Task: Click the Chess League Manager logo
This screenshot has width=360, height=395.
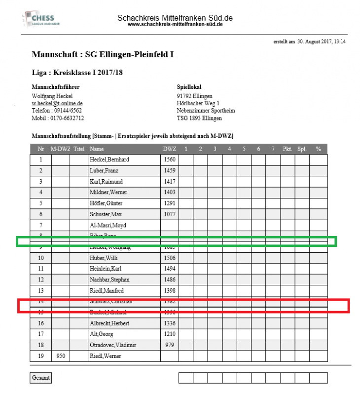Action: coord(39,20)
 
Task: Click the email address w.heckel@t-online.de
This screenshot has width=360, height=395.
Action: coord(57,104)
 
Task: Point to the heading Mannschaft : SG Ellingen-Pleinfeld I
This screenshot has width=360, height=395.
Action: coord(103,54)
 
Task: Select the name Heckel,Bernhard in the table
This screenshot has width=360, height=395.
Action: coord(109,160)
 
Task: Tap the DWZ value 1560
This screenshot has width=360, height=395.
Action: coord(169,160)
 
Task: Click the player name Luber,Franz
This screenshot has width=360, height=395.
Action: coord(104,171)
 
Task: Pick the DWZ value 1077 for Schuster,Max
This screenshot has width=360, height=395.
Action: coord(169,214)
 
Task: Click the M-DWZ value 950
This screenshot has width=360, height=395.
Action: coord(61,355)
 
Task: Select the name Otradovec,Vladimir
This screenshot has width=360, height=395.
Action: coord(112,345)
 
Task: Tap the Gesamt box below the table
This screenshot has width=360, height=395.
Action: coord(40,378)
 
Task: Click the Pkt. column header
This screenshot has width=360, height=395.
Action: coord(288,149)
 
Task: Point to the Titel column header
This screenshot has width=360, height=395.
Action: coord(78,149)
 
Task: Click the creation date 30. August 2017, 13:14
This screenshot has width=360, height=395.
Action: coord(322,41)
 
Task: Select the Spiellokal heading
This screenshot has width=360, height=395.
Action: coord(189,87)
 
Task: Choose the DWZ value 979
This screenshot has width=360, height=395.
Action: coord(169,345)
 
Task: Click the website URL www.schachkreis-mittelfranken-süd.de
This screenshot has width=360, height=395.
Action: coord(175,24)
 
